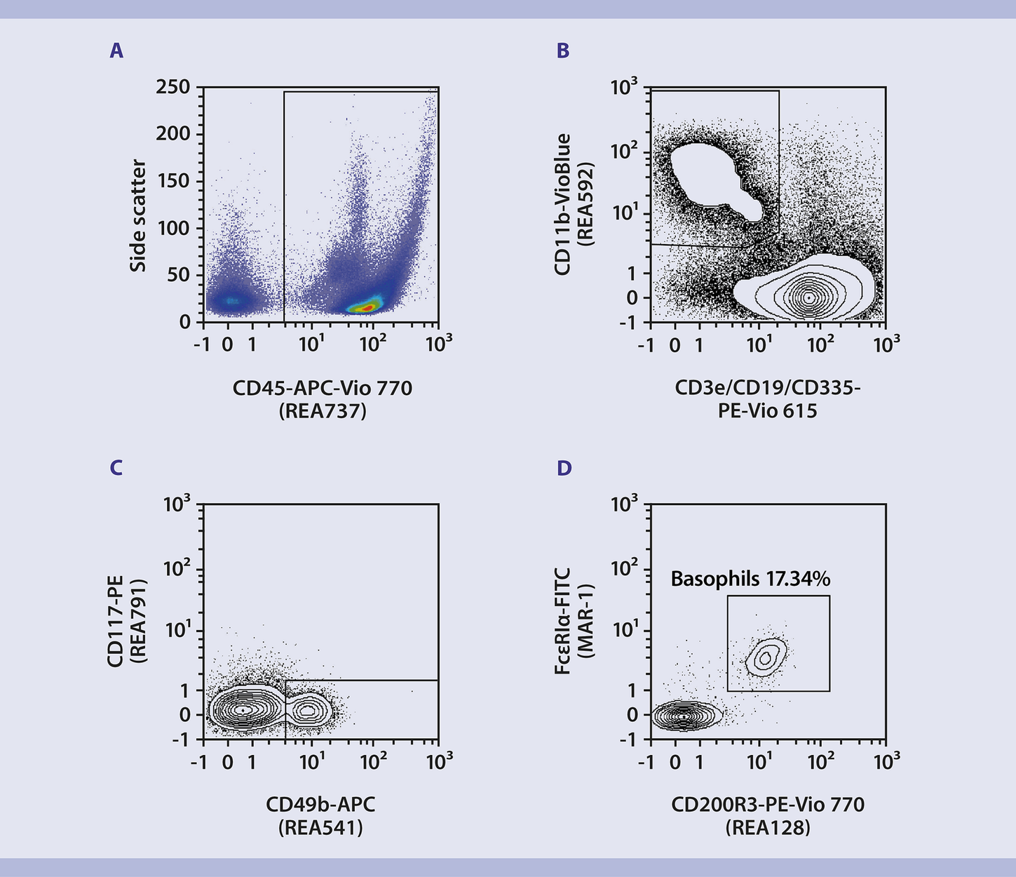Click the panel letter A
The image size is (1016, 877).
point(116,51)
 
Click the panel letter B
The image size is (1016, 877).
point(562,51)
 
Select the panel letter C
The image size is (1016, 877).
point(116,468)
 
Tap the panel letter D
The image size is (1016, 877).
point(564,468)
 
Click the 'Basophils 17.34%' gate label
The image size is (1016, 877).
point(750,579)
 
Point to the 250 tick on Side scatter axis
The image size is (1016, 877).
point(172,87)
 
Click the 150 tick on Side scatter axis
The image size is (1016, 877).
point(172,181)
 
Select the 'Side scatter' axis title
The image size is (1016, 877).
point(138,215)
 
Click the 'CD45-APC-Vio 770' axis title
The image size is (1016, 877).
point(323,387)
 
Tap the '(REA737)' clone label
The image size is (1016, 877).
point(323,410)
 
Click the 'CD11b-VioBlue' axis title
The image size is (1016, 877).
point(562,204)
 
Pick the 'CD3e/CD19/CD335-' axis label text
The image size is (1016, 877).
point(767,387)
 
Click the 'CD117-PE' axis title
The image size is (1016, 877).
point(115,622)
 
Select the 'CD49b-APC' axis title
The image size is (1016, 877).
point(320,805)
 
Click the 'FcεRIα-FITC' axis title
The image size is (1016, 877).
point(562,622)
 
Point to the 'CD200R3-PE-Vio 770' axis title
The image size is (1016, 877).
point(768,805)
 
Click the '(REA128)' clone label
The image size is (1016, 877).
point(768,828)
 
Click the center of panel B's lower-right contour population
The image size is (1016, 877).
point(808,297)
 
